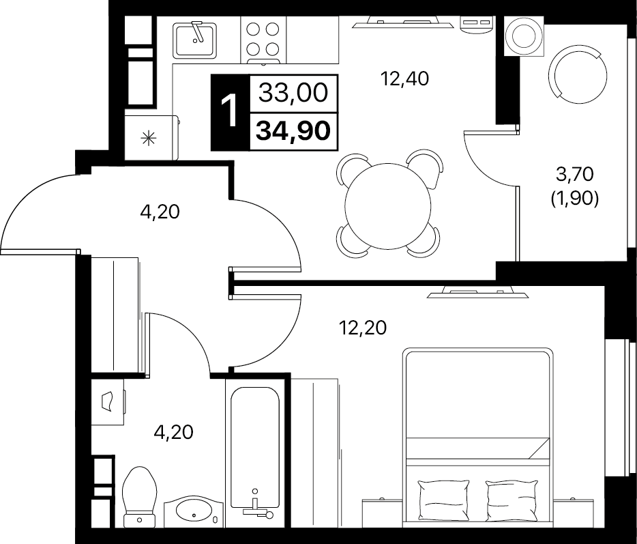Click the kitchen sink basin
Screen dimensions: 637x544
point(194,40)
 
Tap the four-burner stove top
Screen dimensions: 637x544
point(263,40)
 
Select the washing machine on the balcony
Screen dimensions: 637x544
point(524,35)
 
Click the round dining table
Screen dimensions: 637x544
point(387,206)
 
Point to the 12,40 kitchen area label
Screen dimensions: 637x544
point(404,78)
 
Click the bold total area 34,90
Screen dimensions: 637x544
point(293,131)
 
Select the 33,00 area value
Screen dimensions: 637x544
point(293,93)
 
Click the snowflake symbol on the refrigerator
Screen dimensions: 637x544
point(148,139)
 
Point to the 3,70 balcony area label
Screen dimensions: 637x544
point(574,174)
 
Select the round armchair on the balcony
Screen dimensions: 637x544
point(577,76)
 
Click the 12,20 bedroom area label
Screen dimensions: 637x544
point(363,328)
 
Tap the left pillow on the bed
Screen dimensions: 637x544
point(443,498)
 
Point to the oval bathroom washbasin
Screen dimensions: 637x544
point(194,511)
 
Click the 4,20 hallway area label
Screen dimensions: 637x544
point(160,212)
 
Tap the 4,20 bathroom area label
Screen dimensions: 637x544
point(173,432)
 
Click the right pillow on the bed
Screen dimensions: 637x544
point(512,498)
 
